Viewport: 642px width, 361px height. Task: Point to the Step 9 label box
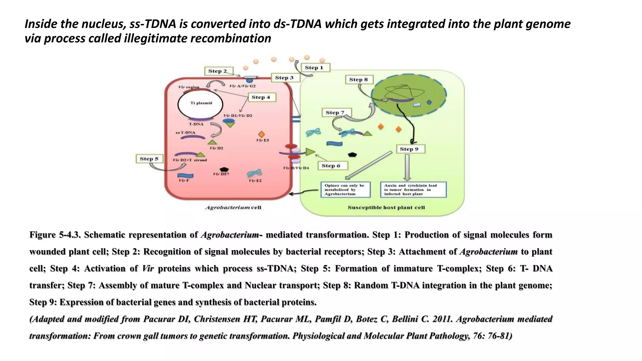pos(410,149)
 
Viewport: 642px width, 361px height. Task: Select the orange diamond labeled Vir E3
pos(261,134)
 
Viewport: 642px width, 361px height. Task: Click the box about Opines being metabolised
pos(345,190)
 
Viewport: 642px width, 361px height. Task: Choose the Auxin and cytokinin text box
pos(413,190)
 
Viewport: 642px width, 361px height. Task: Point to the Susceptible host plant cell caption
pos(386,207)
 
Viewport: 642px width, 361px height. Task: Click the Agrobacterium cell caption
pos(233,207)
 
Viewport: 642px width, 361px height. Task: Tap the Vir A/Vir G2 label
pos(242,86)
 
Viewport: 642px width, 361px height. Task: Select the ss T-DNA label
pos(186,133)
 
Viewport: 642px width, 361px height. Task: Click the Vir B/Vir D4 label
pos(296,168)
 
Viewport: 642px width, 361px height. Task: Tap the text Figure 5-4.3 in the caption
pos(55,235)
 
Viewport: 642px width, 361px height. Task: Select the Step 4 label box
pos(260,97)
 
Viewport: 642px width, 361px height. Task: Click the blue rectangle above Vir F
pos(185,175)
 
